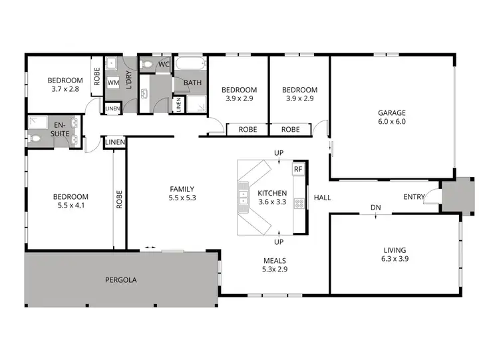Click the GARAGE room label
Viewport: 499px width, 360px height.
click(x=393, y=112)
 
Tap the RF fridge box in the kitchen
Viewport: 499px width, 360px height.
click(x=298, y=169)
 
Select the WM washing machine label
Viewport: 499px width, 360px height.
click(x=113, y=83)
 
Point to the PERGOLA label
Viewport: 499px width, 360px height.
click(x=120, y=280)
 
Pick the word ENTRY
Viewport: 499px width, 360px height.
click(x=415, y=197)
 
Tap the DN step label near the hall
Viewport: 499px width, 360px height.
click(x=376, y=208)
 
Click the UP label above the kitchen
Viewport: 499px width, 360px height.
click(x=279, y=154)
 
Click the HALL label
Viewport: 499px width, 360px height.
click(x=323, y=198)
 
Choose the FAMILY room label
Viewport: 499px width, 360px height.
click(x=182, y=188)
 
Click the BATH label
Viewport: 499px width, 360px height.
click(x=192, y=83)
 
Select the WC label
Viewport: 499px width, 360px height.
click(x=164, y=64)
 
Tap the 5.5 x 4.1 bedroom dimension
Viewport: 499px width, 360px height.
click(x=71, y=206)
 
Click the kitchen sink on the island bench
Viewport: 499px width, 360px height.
click(x=244, y=198)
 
